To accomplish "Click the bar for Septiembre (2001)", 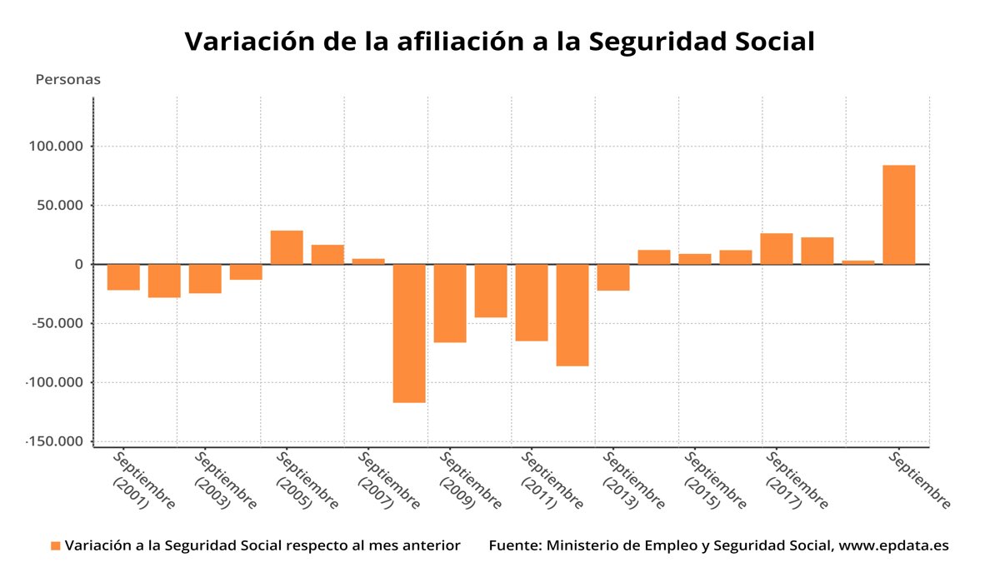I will click(123, 277).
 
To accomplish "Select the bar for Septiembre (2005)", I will click(287, 247).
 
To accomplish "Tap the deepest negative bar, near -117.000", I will click(409, 333).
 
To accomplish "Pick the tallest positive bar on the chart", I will click(899, 215).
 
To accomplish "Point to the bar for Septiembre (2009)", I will click(450, 303).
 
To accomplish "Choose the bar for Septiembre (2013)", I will click(613, 277).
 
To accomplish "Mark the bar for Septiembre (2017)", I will click(777, 249).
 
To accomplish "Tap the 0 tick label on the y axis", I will click(79, 265).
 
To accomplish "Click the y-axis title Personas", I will click(67, 80).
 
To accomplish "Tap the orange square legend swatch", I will click(56, 546).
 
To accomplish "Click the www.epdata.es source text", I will click(893, 546).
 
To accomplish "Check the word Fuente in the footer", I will click(513, 546).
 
